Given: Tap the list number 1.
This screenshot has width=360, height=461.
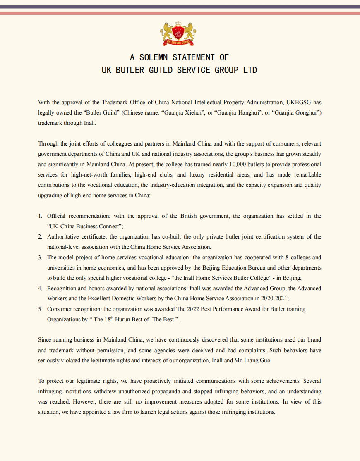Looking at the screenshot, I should click(40, 216).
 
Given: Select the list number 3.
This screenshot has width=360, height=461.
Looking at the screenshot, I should click(40, 257).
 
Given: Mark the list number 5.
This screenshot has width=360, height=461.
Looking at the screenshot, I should click(40, 309).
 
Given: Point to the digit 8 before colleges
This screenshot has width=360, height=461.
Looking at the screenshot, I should click(272, 257).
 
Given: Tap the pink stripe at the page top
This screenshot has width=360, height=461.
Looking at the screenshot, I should click(180, 13).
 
